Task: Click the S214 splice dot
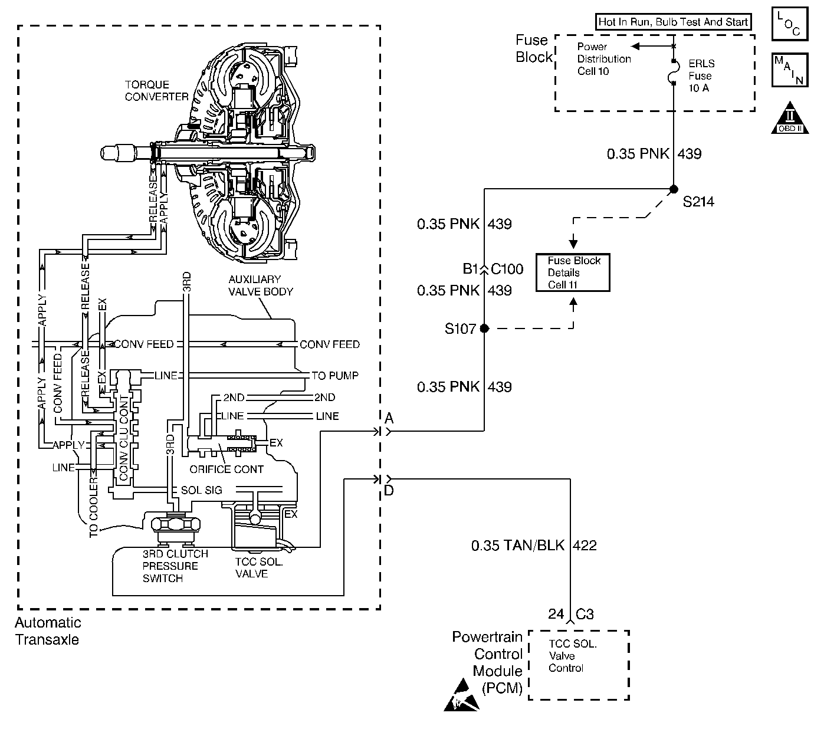674,189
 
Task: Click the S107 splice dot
484,329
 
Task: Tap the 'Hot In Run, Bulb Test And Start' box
673,22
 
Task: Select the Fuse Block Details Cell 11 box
573,272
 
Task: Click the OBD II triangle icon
790,118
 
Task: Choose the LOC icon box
790,24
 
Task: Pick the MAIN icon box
790,70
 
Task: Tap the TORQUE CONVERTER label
157,90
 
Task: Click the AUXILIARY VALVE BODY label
261,285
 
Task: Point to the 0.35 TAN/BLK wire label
518,546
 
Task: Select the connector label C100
507,269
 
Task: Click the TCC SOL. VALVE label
259,568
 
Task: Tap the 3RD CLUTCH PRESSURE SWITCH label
175,566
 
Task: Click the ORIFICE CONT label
227,469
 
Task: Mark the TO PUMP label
335,376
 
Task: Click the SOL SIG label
202,490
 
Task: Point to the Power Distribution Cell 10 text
604,59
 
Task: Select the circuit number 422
585,546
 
